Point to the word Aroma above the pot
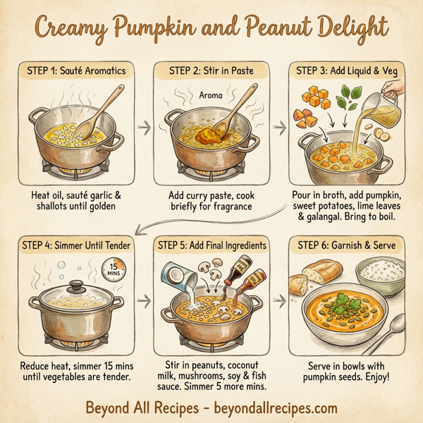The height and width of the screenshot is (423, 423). pos(211,94)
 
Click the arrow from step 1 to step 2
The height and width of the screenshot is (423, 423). pos(144,128)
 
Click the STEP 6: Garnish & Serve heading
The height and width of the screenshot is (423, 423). pos(348,245)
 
